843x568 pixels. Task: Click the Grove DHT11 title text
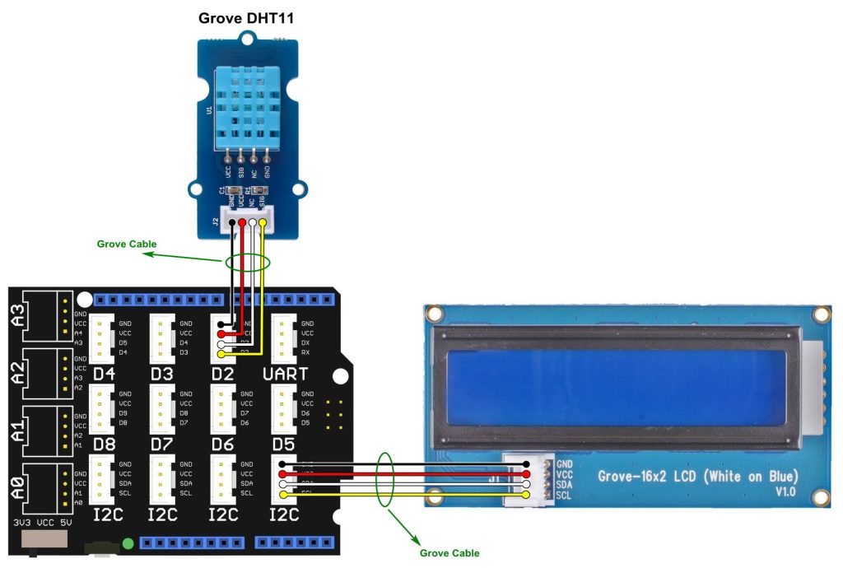pyautogui.click(x=246, y=17)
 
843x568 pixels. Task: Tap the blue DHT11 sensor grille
pyautogui.click(x=246, y=106)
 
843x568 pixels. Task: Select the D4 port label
pyautogui.click(x=104, y=374)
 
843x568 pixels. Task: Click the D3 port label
pyautogui.click(x=163, y=374)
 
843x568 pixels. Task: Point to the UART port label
pyautogui.click(x=285, y=374)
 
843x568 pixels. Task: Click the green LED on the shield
pyautogui.click(x=128, y=543)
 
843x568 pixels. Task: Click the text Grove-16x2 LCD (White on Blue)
pyautogui.click(x=696, y=477)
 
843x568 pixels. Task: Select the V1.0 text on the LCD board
pyautogui.click(x=786, y=491)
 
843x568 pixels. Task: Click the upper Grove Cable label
pyautogui.click(x=126, y=244)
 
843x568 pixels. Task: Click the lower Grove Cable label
pyautogui.click(x=449, y=553)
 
